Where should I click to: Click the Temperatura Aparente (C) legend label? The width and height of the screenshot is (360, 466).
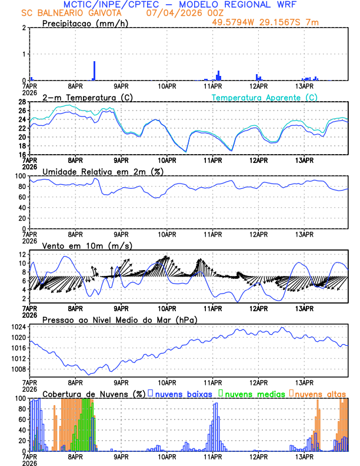point(265,97)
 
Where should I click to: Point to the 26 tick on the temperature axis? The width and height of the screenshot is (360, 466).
point(22,111)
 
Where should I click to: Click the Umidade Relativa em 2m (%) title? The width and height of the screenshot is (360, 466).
point(102,171)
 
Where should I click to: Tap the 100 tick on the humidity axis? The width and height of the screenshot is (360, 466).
point(20,176)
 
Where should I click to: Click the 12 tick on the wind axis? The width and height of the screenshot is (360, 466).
point(22,254)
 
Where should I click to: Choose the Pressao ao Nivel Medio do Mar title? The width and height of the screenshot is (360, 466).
point(119,319)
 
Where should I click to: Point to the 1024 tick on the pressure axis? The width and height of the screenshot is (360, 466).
point(18,327)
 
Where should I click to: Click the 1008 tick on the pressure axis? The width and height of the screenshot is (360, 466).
point(18,370)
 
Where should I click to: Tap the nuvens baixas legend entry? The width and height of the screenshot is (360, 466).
point(182,393)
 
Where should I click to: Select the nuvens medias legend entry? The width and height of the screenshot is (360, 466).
point(253,393)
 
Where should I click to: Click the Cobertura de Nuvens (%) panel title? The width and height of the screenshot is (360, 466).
point(94,393)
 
